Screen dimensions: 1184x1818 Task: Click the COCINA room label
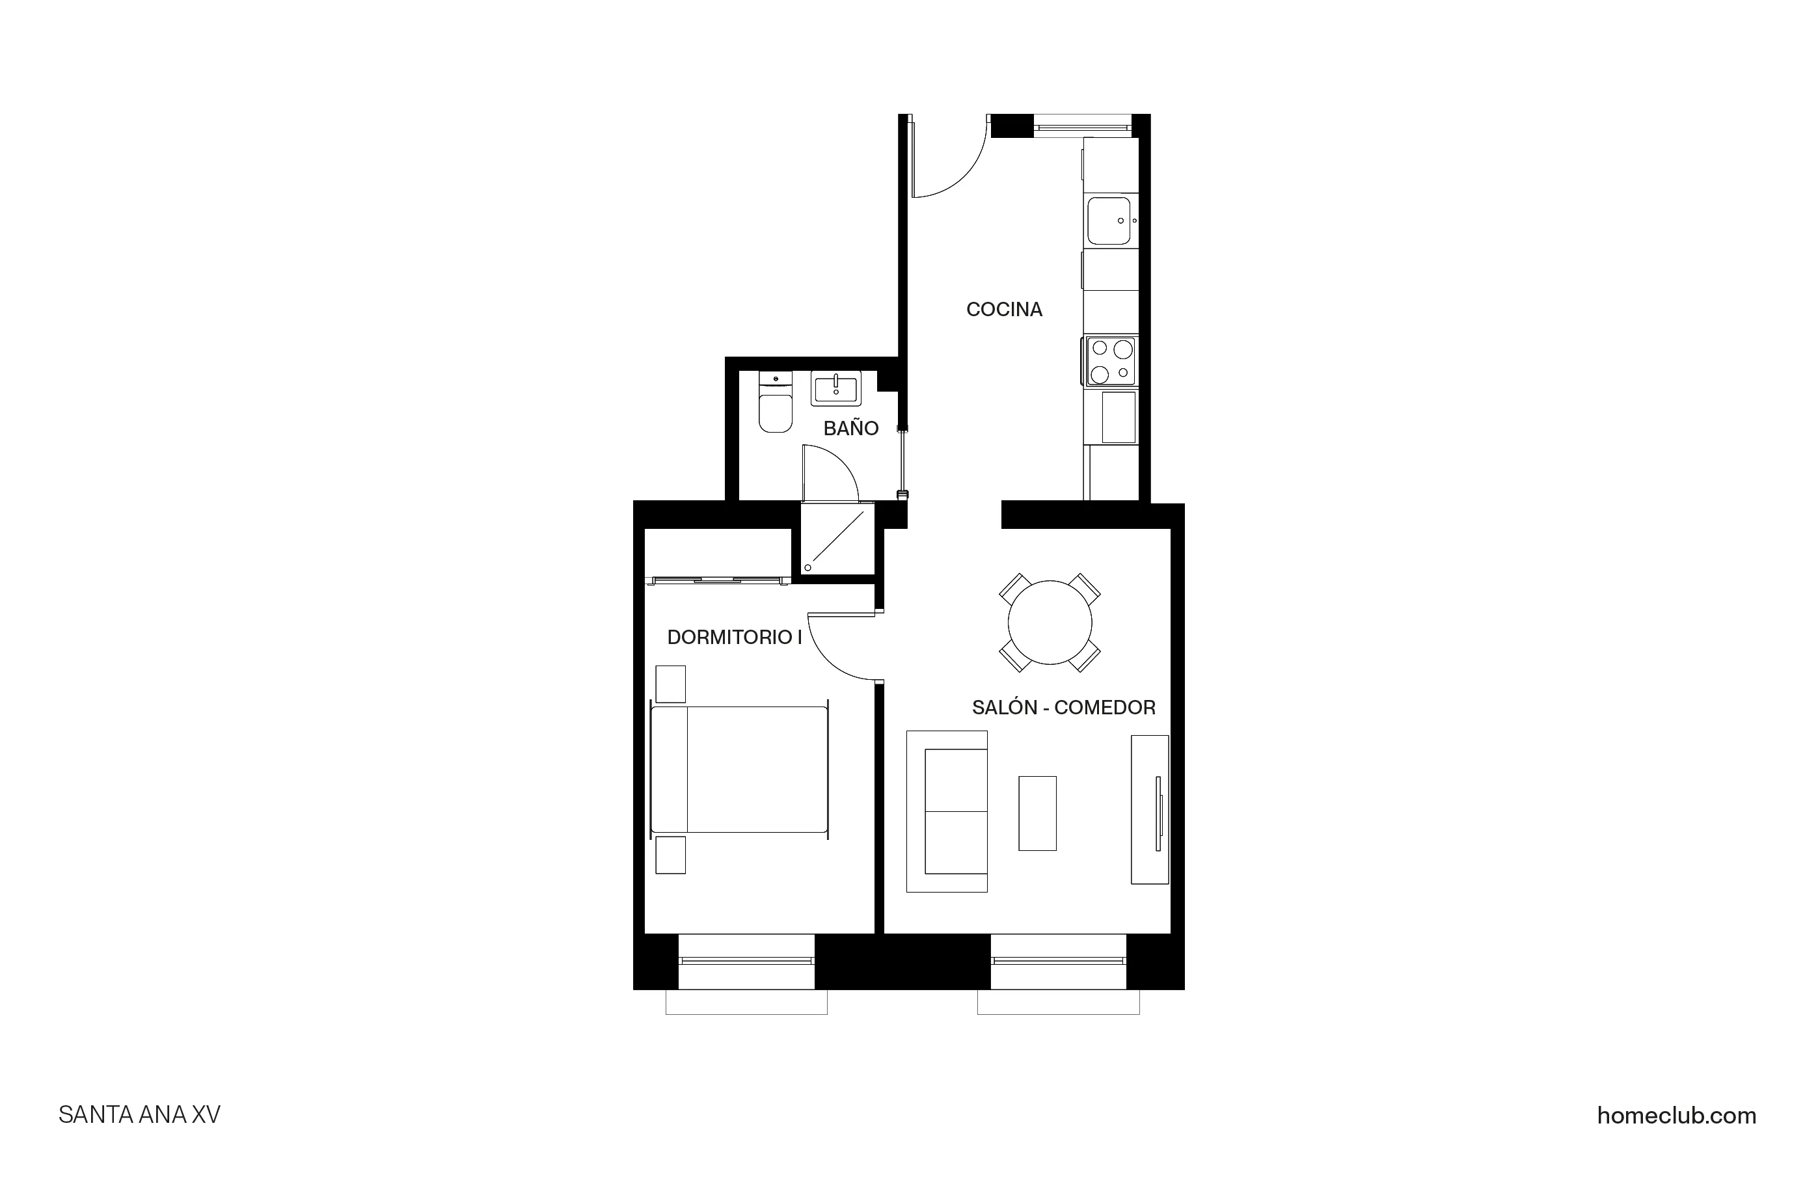(1004, 310)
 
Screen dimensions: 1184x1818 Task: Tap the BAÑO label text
(850, 429)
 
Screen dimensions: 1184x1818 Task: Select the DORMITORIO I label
(734, 637)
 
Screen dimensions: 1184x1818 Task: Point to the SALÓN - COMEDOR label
(1063, 707)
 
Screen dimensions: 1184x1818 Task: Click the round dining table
(1050, 623)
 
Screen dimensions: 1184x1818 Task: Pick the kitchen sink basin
(1108, 221)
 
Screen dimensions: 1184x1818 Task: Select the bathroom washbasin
(835, 389)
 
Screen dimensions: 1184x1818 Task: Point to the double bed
(739, 769)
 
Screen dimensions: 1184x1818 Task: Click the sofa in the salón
(947, 811)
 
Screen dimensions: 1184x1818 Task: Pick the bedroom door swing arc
(840, 648)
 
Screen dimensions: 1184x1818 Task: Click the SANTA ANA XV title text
(139, 1115)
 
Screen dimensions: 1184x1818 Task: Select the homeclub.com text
(1676, 1116)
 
